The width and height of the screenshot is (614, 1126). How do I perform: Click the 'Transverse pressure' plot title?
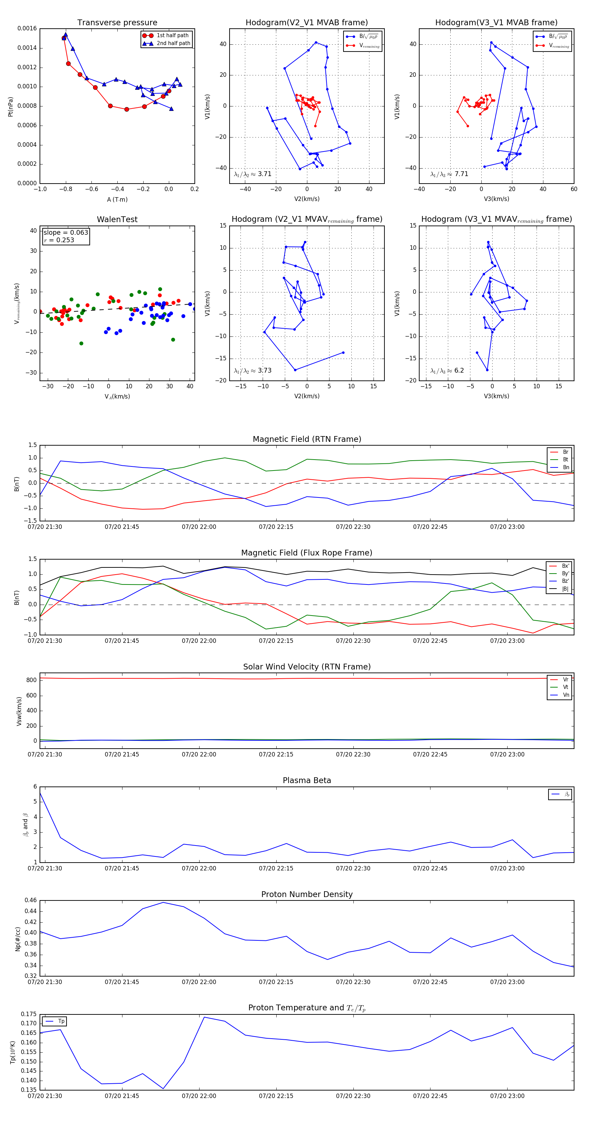tap(117, 23)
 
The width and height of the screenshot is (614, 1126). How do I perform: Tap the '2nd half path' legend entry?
tap(173, 43)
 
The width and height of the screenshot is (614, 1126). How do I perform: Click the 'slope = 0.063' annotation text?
tap(65, 233)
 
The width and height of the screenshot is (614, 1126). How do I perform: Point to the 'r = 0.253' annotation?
tap(59, 240)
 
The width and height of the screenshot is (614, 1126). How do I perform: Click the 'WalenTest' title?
tap(117, 219)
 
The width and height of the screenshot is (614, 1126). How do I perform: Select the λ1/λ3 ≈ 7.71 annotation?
tap(449, 174)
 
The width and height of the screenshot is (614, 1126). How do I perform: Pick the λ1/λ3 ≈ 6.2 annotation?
tap(447, 371)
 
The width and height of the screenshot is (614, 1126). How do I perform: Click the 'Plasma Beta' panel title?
tap(307, 781)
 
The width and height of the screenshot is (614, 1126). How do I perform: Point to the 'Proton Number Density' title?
tap(307, 894)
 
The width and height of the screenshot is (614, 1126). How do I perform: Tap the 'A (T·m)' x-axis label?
tap(117, 200)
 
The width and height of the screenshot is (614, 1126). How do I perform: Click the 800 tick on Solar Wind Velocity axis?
tap(31, 680)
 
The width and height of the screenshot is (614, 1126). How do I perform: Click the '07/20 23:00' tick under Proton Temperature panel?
tap(507, 1096)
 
